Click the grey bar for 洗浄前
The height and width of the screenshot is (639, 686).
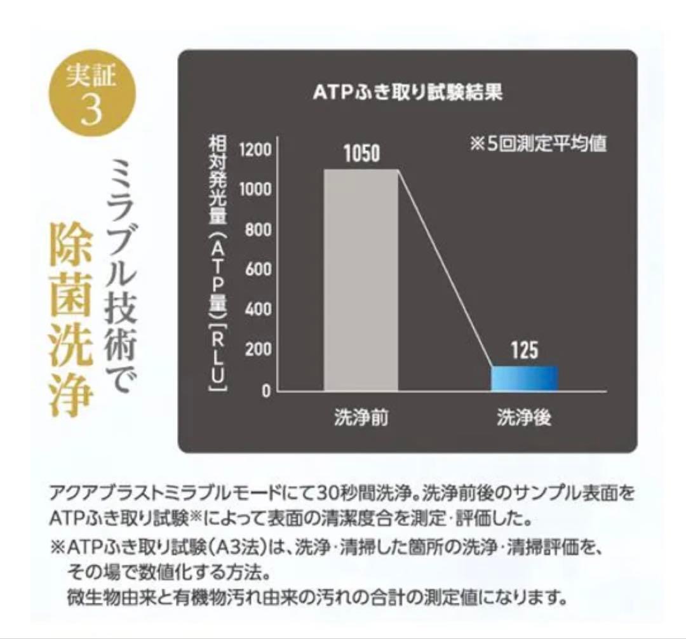coord(361,279)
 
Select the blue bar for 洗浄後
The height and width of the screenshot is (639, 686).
coord(525,378)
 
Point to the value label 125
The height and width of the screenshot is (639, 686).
coord(525,350)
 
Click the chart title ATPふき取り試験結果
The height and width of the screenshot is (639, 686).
coord(408,93)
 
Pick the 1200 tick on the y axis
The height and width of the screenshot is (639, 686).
coord(255,150)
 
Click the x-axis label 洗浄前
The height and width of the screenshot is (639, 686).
coord(361,419)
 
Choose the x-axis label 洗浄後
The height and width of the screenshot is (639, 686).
coord(525,419)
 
